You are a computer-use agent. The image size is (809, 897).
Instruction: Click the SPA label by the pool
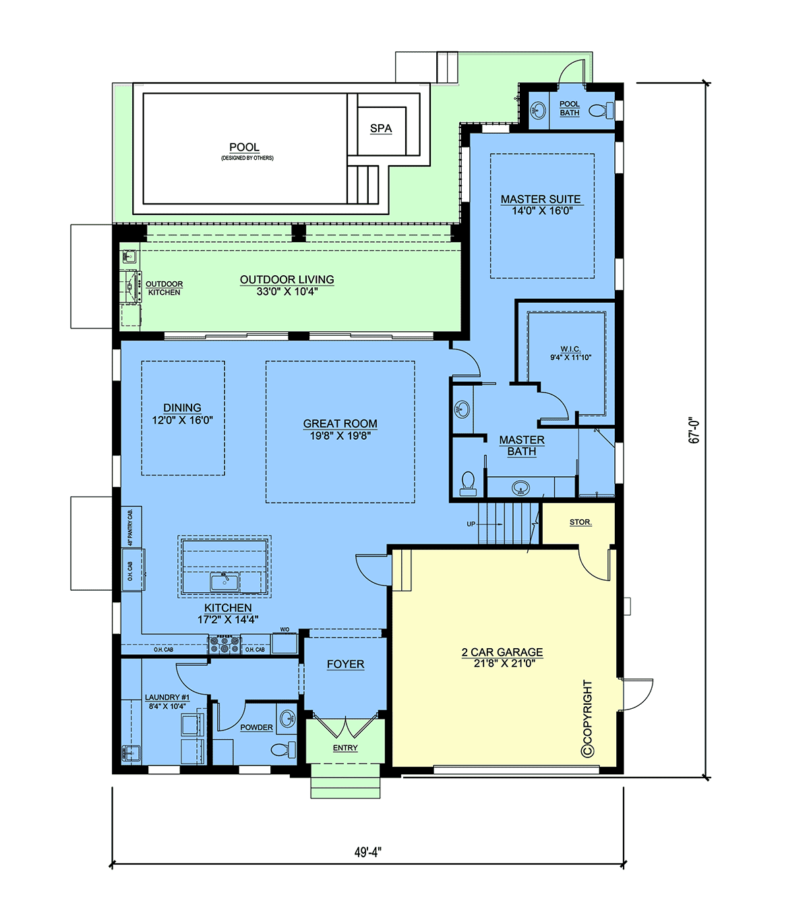click(381, 128)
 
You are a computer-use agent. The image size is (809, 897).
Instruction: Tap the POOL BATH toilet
click(601, 109)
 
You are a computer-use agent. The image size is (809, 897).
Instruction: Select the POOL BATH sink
click(539, 109)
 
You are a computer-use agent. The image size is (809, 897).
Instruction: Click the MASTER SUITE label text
click(541, 199)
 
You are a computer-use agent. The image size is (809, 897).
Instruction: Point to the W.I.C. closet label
click(570, 349)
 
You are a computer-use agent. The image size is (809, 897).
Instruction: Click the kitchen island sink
click(224, 582)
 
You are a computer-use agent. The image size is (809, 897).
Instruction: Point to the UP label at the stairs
click(471, 523)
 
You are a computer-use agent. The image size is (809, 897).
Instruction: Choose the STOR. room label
click(580, 522)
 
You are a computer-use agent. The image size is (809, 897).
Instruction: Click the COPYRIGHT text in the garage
click(588, 718)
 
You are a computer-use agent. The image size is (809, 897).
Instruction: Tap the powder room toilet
click(284, 749)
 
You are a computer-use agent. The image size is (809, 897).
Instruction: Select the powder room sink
click(287, 718)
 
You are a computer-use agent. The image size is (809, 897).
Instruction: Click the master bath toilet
click(468, 484)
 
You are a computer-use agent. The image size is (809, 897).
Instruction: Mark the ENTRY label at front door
click(345, 748)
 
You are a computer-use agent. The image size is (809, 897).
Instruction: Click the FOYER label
click(345, 664)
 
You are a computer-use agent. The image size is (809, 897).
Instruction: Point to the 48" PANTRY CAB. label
click(131, 527)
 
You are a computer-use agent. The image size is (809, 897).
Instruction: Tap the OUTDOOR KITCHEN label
click(164, 288)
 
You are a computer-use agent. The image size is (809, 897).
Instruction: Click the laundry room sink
click(131, 753)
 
